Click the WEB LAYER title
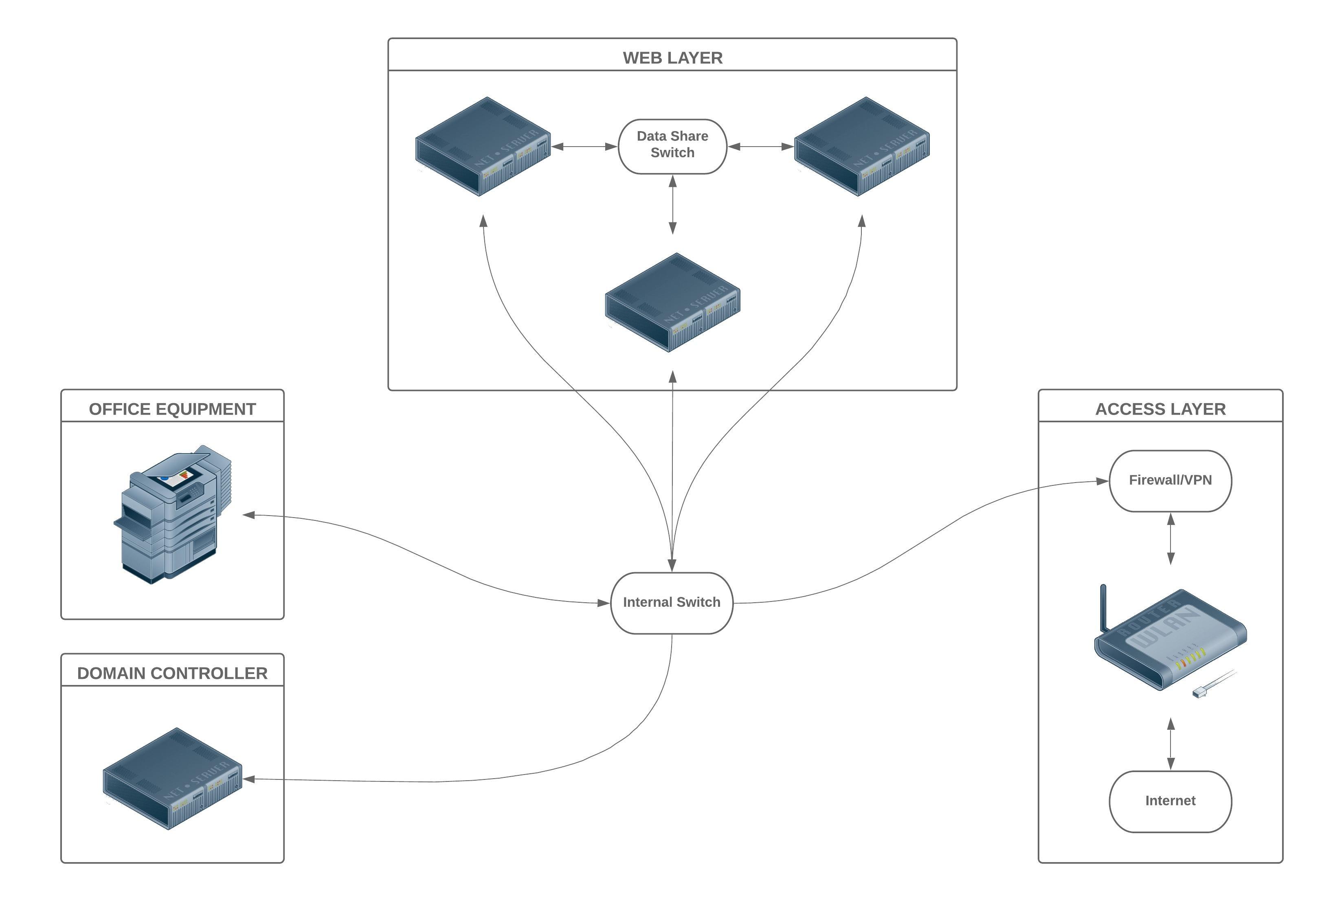point(672,58)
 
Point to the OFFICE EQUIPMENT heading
point(172,409)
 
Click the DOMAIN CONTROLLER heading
point(172,673)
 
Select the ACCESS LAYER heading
point(1160,409)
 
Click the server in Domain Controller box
point(172,779)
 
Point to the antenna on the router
point(1103,608)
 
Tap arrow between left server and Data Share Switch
point(584,147)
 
